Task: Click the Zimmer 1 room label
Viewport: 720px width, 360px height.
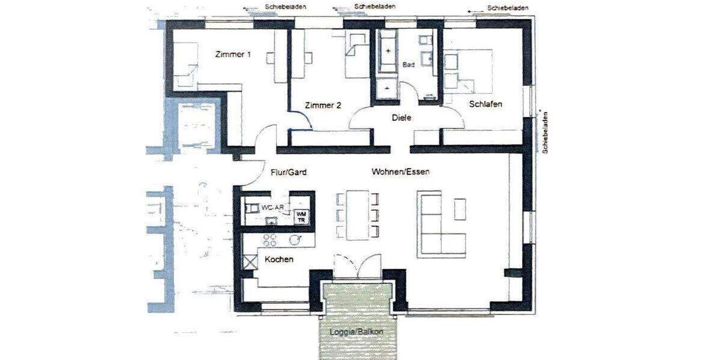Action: [233, 55]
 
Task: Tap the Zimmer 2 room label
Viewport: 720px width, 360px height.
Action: [323, 106]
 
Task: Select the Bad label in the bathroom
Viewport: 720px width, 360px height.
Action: [409, 64]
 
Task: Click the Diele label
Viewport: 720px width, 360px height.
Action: [401, 118]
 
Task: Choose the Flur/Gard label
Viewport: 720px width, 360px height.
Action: [289, 172]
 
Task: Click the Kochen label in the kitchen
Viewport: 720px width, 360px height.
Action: [279, 260]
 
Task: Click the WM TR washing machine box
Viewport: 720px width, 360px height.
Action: [301, 217]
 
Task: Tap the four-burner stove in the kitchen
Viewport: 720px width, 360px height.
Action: [270, 240]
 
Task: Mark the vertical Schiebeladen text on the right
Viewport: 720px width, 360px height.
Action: [546, 131]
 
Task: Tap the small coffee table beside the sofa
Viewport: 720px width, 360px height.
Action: [460, 209]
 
